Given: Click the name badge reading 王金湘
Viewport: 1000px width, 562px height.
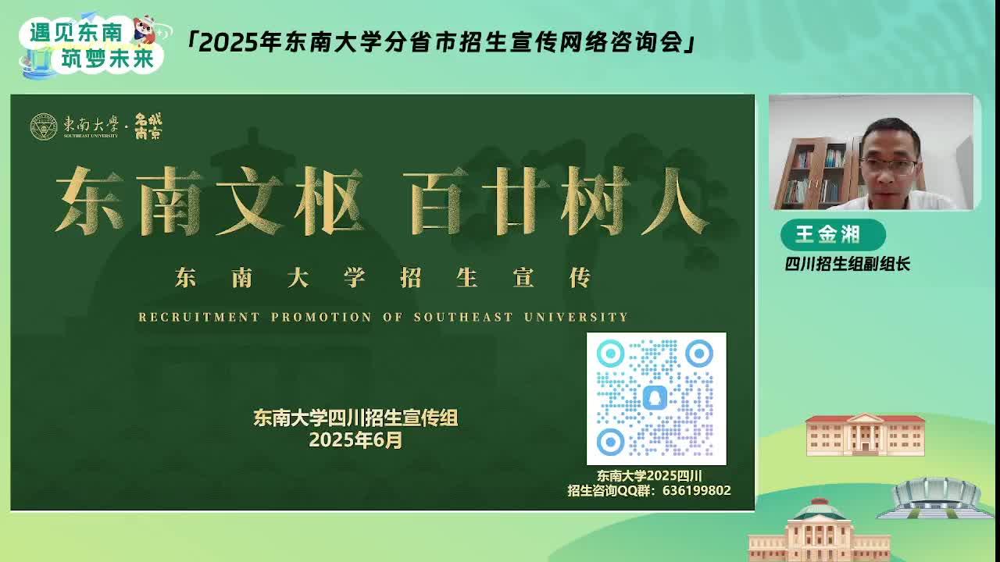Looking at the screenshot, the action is pos(833,235).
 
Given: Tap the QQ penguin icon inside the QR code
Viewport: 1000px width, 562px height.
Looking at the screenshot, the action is pos(655,398).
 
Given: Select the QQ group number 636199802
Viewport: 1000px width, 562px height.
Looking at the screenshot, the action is pos(696,490).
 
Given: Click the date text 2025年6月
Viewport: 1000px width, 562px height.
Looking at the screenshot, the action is pos(355,439).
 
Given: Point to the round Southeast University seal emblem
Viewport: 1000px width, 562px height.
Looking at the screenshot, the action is pos(44,126).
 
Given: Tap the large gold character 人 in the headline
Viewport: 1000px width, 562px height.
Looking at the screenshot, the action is pos(674,201).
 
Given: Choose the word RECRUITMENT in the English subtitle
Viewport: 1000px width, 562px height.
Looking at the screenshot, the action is pos(199,317).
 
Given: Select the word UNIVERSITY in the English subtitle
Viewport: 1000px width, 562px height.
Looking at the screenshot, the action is pos(576,317).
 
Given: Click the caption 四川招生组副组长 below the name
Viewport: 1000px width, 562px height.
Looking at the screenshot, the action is pos(848,264).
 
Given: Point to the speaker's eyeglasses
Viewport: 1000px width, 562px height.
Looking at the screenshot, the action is pos(888,166).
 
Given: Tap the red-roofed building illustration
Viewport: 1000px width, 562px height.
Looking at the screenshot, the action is pos(865,435).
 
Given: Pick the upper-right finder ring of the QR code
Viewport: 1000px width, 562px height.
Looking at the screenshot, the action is pos(699,354).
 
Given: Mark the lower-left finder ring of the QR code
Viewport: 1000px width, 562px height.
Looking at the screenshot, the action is pos(610,442).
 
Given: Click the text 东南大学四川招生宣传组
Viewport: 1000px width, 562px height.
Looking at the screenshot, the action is pos(355,418).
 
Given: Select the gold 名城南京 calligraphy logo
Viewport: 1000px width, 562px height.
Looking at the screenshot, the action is pos(148,126).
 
